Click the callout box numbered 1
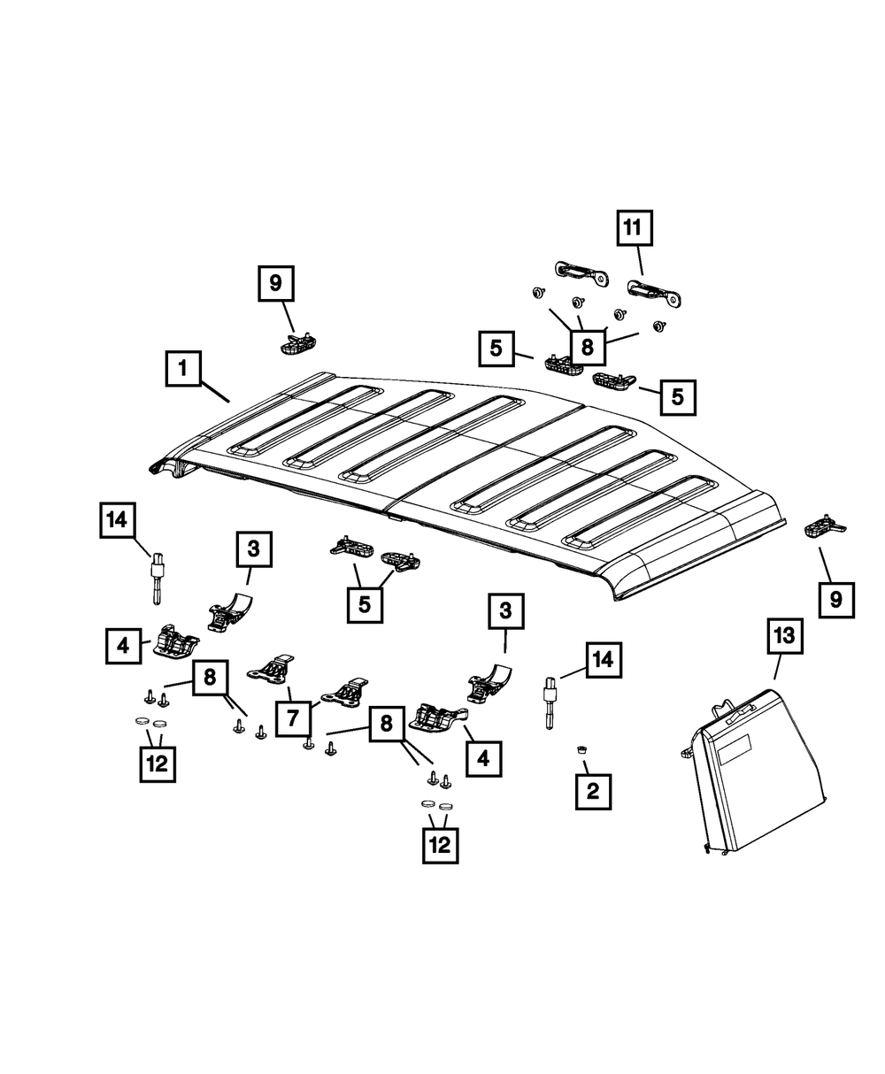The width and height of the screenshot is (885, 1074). click(x=183, y=368)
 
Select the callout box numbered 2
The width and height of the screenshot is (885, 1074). click(x=592, y=790)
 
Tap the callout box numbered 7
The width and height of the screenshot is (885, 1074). click(x=293, y=717)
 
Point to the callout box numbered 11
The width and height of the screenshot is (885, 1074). click(x=634, y=229)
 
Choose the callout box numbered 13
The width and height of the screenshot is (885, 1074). click(x=785, y=637)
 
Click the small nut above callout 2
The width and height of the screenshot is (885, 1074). click(x=581, y=750)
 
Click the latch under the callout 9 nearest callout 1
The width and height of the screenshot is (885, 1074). click(x=296, y=342)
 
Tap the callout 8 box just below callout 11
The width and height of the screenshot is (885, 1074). click(x=587, y=347)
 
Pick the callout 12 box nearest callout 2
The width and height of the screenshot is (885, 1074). click(x=440, y=845)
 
